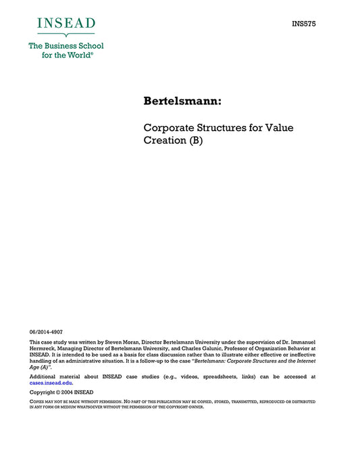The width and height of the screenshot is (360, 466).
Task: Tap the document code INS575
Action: click(304, 24)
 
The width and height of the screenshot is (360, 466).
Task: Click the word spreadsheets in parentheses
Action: click(228, 376)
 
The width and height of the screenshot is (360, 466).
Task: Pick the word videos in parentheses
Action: click(191, 376)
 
